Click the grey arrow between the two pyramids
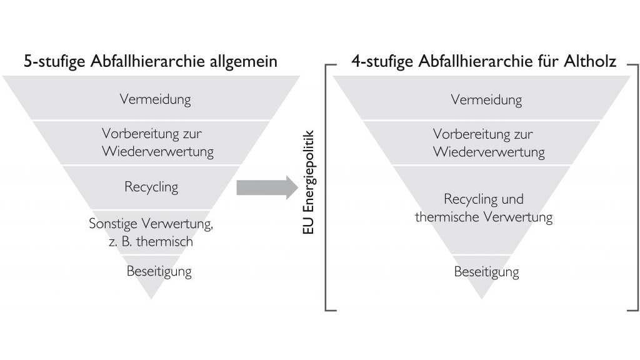pos(267,187)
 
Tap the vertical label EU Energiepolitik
pos(309,182)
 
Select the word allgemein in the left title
pos(243,62)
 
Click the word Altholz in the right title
pos(590,61)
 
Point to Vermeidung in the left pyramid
pos(155,99)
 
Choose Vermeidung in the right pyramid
pos(486,100)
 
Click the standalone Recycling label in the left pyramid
pos(151,187)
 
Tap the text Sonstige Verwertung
pos(151,224)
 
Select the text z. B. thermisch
pos(151,242)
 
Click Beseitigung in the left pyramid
pos(159,271)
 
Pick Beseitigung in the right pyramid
pos(486,272)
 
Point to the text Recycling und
pos(484,199)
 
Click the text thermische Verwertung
pos(484,217)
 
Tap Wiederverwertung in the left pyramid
pos(158,151)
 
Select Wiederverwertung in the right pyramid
pos(489,152)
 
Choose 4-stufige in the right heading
pos(382,62)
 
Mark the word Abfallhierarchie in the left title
pos(147,61)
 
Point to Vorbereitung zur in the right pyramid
pos(483,134)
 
